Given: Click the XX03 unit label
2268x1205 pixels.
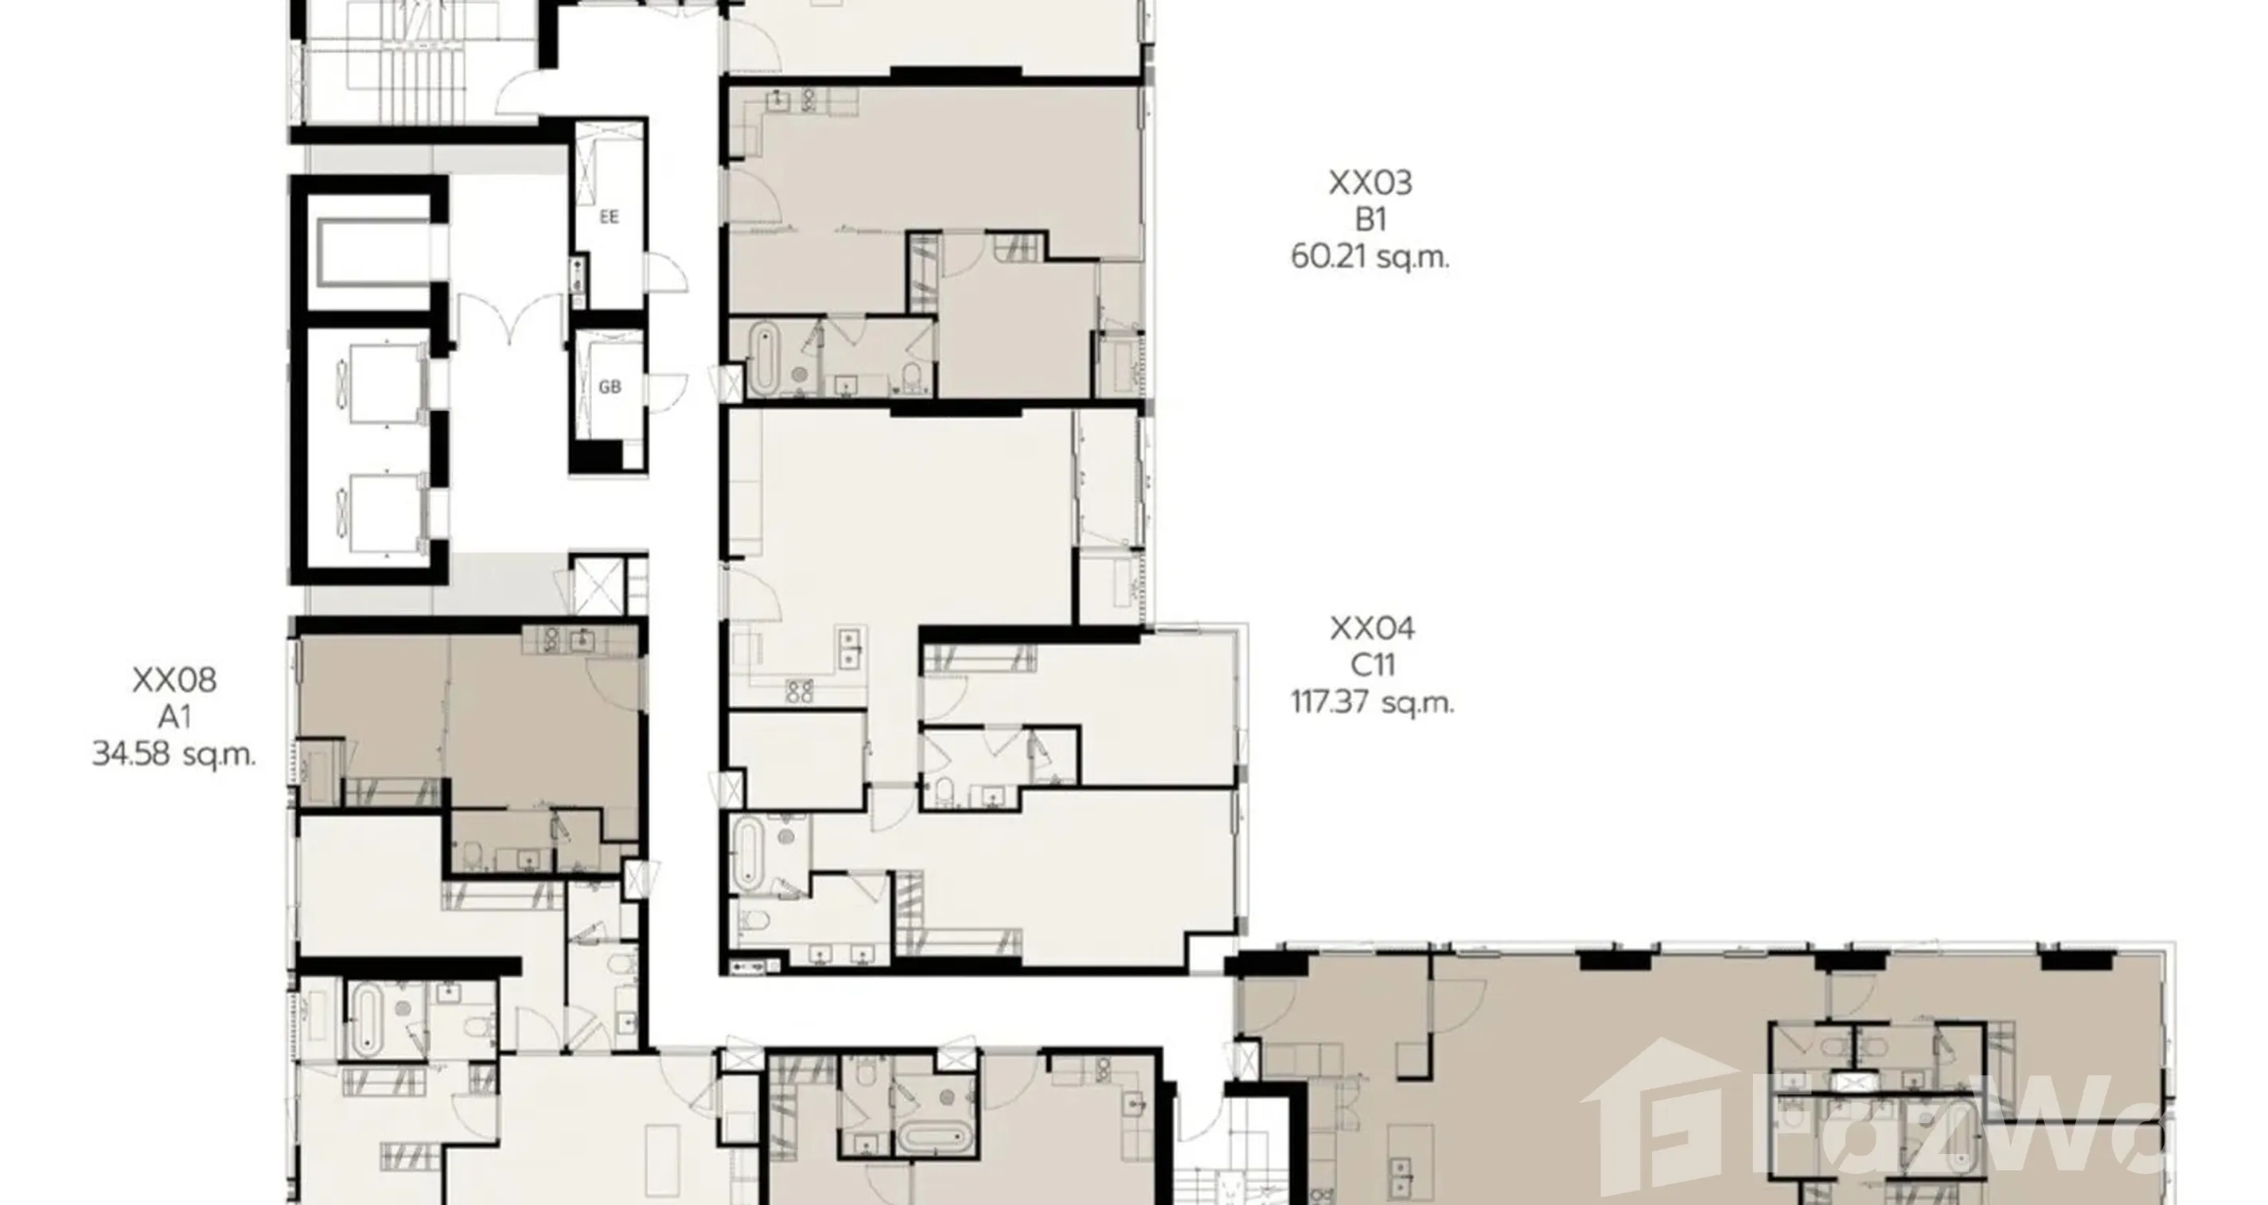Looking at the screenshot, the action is click(x=1370, y=182).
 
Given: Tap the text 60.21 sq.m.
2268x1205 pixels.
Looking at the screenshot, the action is click(x=1370, y=257).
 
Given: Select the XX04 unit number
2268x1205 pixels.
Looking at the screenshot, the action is click(x=1372, y=628).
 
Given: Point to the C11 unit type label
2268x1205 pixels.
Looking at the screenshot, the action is click(x=1373, y=665).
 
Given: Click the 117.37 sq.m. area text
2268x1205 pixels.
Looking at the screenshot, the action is click(x=1373, y=702).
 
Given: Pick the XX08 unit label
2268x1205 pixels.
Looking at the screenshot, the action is click(x=174, y=679).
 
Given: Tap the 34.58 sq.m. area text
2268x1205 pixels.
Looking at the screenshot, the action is click(x=174, y=754).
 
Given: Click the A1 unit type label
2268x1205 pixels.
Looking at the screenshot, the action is click(x=174, y=717).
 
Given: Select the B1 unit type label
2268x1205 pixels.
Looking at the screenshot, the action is click(x=1371, y=220).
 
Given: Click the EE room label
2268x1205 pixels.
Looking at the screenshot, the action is click(x=610, y=216).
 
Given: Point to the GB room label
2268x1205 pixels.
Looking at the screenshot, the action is click(x=610, y=387).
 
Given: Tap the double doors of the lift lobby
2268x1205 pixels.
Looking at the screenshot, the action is click(x=510, y=319).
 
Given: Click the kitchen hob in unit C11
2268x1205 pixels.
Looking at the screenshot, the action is click(x=800, y=692).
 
